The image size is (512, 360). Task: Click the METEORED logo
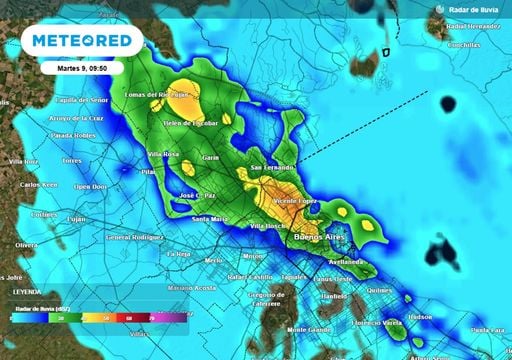pyautogui.click(x=82, y=41)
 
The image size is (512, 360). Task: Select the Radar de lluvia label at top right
pyautogui.click(x=470, y=9)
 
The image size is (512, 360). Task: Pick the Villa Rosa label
pyautogui.click(x=163, y=154)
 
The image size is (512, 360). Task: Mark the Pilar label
pyautogui.click(x=151, y=172)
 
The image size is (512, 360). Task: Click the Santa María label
pyautogui.click(x=210, y=218)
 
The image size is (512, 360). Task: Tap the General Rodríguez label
pyautogui.click(x=133, y=238)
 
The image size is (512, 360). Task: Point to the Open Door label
pyautogui.click(x=89, y=187)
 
